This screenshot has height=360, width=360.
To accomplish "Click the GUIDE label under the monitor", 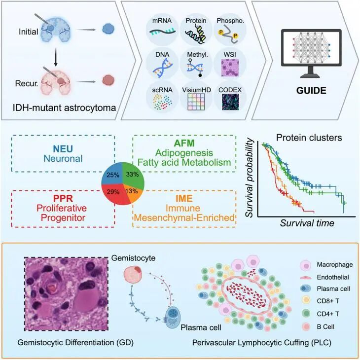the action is click(x=311, y=90).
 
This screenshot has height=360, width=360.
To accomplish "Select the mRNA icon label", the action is click(x=162, y=21).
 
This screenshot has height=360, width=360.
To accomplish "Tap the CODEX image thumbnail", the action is click(x=230, y=102).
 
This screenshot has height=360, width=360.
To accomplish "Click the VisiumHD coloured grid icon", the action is click(x=196, y=102).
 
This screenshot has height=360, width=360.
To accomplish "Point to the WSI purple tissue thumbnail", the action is click(x=230, y=68).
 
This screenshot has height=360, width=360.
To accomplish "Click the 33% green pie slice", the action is click(x=133, y=175).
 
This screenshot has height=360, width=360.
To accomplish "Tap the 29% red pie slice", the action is click(x=115, y=193).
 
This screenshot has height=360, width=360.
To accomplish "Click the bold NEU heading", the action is click(x=63, y=149).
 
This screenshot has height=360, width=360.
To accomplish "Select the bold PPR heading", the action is click(x=63, y=198).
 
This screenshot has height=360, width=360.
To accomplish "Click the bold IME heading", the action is click(x=184, y=198).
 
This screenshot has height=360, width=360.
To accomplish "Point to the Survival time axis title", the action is click(x=307, y=223).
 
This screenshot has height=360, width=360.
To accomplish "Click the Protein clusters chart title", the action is click(x=309, y=138).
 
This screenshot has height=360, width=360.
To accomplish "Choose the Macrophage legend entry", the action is click(x=326, y=265).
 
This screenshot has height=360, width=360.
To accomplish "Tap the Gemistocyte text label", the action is click(x=133, y=258).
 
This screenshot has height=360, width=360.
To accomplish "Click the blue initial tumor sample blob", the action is click(x=108, y=29).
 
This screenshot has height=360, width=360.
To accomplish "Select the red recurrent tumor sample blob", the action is click(x=108, y=80).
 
